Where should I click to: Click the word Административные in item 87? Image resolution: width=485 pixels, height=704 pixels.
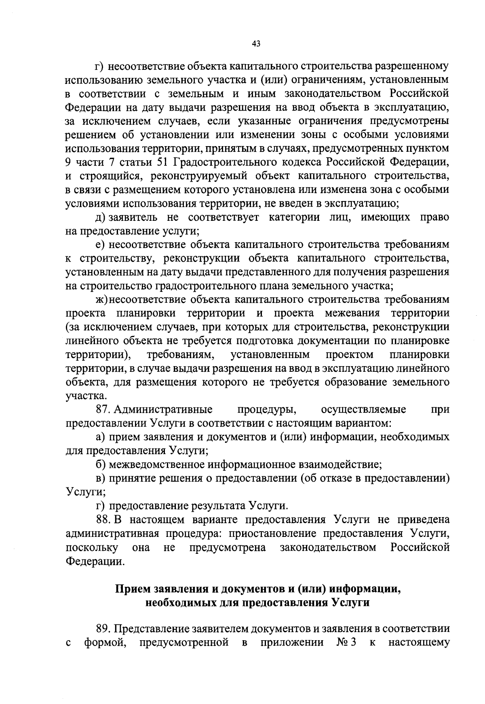click(x=163, y=410)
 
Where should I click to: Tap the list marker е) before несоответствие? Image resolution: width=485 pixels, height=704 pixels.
click(x=100, y=245)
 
